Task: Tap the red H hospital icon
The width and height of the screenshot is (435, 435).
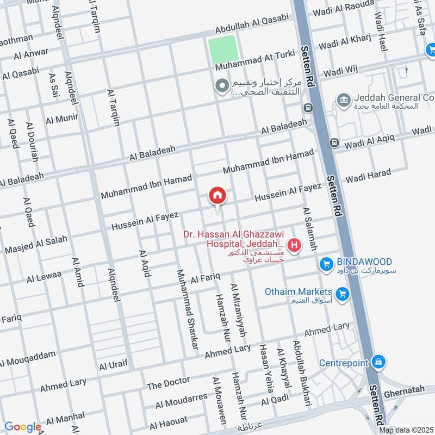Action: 295,246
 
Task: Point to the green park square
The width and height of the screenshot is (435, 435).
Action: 223,49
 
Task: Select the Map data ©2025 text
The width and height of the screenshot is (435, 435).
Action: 406,430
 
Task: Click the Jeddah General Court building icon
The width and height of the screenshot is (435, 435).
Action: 343,100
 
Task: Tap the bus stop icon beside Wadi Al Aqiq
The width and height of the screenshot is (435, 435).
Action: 334,144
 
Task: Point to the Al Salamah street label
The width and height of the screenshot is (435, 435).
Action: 309,229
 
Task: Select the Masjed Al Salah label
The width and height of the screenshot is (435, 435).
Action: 36,245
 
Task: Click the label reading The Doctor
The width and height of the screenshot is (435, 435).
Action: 168,384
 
